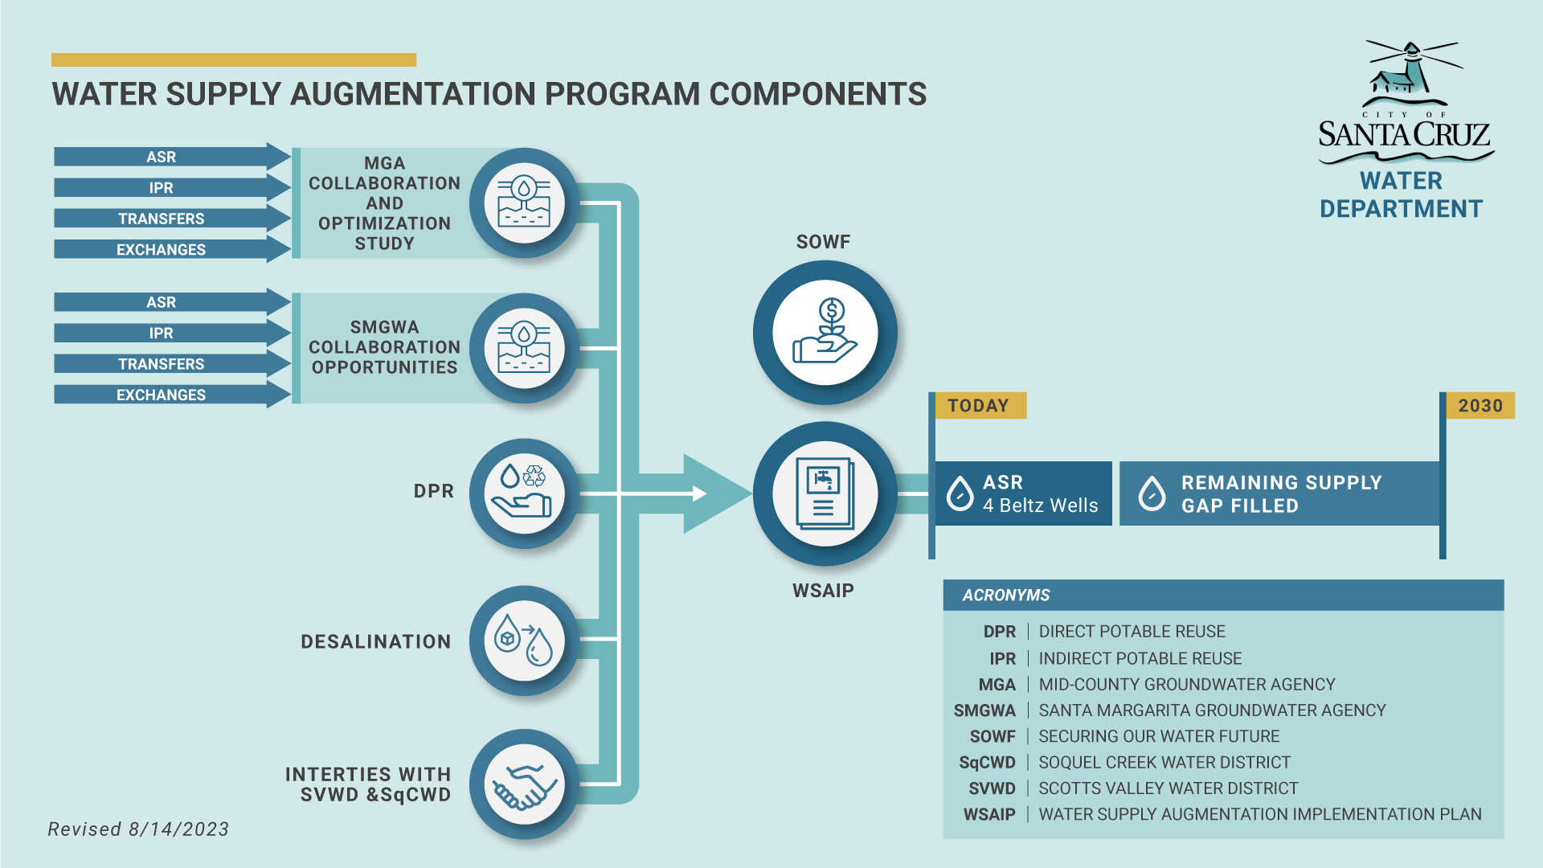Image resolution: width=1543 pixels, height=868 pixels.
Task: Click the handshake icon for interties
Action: pyautogui.click(x=524, y=785)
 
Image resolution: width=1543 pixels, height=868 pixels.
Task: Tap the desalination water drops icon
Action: pyautogui.click(x=524, y=641)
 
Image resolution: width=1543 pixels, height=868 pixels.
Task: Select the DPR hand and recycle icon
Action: pyautogui.click(x=524, y=493)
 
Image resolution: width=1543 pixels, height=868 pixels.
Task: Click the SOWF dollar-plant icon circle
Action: pyautogui.click(x=825, y=332)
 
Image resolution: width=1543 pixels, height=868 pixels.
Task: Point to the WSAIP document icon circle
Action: pyautogui.click(x=825, y=493)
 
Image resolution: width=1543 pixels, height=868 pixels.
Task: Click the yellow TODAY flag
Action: pyautogui.click(x=980, y=406)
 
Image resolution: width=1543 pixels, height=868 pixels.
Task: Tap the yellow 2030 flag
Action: pyautogui.click(x=1480, y=406)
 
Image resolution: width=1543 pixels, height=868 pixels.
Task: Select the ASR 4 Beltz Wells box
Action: pyautogui.click(x=1023, y=493)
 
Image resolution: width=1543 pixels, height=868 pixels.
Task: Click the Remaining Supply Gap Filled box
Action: pyautogui.click(x=1278, y=493)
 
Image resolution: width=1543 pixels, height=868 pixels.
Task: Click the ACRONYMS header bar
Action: pyautogui.click(x=1222, y=595)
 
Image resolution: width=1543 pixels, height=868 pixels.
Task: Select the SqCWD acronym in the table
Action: pyautogui.click(x=987, y=762)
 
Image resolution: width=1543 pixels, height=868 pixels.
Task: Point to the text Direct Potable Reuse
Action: pyautogui.click(x=1132, y=632)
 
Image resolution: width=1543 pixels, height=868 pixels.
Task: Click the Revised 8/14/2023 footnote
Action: pyautogui.click(x=138, y=829)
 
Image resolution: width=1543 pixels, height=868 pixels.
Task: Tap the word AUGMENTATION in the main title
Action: pyautogui.click(x=415, y=94)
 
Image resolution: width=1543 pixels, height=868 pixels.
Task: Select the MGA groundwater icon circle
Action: pyautogui.click(x=524, y=203)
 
